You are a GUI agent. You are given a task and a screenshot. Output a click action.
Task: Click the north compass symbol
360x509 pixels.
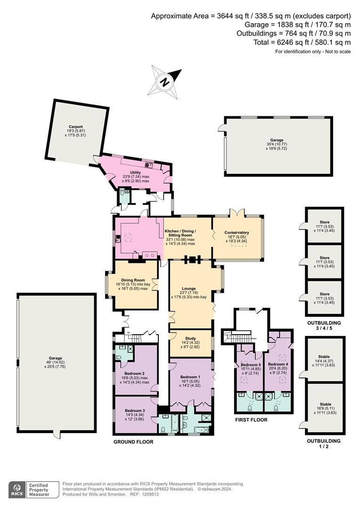point(164,80)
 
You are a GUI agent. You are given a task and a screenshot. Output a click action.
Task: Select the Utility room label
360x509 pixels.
point(135,173)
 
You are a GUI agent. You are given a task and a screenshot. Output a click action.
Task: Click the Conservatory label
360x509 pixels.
point(237,232)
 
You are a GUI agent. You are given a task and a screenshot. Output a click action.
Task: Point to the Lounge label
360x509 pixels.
point(189,288)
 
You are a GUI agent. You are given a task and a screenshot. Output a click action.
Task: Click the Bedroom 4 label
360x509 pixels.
point(277,364)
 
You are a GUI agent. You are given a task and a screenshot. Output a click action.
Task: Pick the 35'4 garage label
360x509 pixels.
point(277,140)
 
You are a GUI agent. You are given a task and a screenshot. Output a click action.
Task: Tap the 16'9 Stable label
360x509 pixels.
point(324,404)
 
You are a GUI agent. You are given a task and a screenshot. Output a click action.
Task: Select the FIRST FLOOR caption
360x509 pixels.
point(251,420)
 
